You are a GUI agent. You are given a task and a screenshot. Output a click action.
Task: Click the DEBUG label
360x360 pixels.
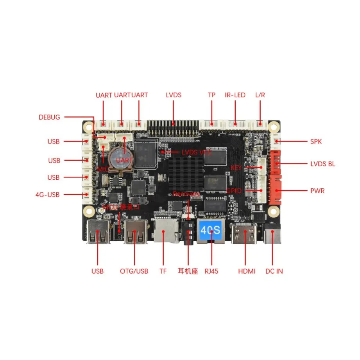[x=49, y=117]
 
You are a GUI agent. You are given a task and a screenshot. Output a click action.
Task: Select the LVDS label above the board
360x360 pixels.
[x=174, y=95]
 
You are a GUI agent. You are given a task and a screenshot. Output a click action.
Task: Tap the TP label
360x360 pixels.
[x=211, y=95]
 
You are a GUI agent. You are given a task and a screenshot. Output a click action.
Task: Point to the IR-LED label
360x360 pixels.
[x=235, y=95]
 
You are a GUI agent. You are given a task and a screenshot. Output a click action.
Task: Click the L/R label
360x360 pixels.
[x=260, y=95]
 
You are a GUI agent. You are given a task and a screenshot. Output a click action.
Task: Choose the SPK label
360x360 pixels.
[x=316, y=141]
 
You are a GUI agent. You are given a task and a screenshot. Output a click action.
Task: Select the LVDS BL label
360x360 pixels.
[x=322, y=164]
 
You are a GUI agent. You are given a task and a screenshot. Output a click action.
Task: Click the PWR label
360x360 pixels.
[x=317, y=191]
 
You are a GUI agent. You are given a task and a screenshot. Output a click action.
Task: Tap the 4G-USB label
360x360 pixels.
[x=47, y=194]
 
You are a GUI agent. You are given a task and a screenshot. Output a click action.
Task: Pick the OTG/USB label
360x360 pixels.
[x=134, y=271]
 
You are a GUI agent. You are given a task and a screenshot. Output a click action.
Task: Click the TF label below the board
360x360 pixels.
[x=163, y=271]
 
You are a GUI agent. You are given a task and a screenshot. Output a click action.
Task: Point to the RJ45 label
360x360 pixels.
[x=211, y=271]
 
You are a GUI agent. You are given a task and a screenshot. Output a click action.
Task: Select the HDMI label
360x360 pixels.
[x=247, y=271]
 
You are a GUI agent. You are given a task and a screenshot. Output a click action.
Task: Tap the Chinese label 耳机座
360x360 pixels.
[x=188, y=271]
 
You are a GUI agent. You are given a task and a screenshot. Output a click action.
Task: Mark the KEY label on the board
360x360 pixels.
[x=236, y=168]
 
